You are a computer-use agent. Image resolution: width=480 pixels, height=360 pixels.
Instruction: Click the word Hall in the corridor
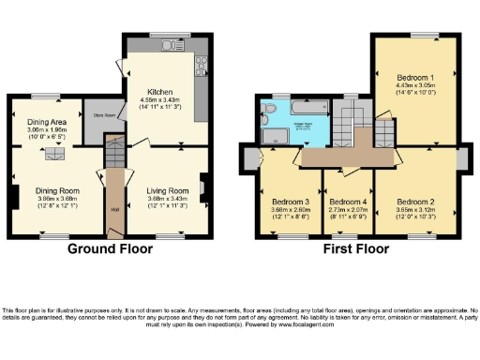(113, 209)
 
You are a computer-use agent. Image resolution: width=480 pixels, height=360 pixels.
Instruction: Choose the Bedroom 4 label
(346, 201)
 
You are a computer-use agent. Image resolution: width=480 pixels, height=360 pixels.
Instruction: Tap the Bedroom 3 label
(291, 201)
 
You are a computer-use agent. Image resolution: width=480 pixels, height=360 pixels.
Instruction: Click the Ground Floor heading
(106, 250)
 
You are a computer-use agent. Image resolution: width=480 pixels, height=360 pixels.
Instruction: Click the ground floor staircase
(113, 150)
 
